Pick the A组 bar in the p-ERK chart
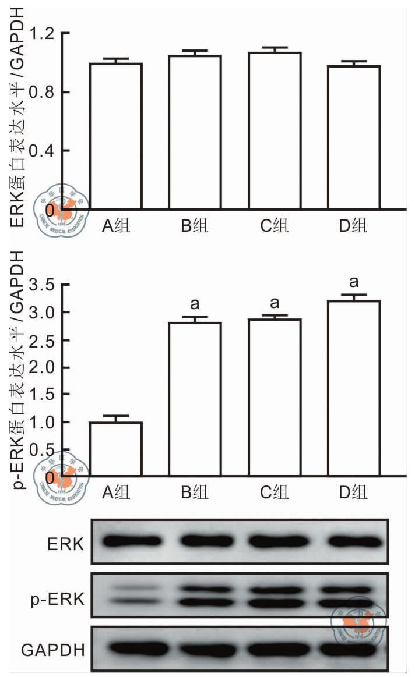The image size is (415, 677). tap(115, 449)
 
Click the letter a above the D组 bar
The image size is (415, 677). tap(354, 283)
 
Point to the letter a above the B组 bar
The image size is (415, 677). tap(195, 304)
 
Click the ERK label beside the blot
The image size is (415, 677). tap(66, 544)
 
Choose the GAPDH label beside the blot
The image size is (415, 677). tap(52, 649)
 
